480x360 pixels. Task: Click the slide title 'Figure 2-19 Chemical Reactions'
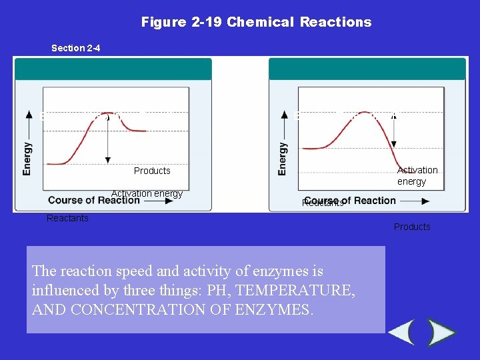256,22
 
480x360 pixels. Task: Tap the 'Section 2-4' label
76,48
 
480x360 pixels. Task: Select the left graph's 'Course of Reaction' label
94,200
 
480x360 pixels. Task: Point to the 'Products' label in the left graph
152,171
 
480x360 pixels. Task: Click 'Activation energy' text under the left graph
147,193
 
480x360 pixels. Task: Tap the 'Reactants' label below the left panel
67,218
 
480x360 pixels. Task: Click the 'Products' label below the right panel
412,227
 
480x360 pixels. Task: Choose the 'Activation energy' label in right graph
417,176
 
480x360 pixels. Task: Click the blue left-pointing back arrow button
402,332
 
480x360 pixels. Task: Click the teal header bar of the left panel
113,69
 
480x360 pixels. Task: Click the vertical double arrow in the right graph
394,130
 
